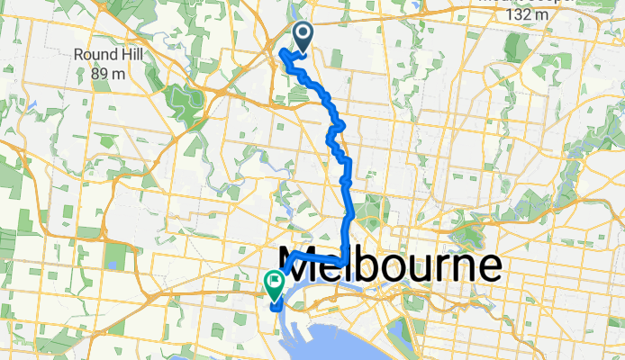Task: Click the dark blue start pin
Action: coord(302,37)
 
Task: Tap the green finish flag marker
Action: coord(273,284)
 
